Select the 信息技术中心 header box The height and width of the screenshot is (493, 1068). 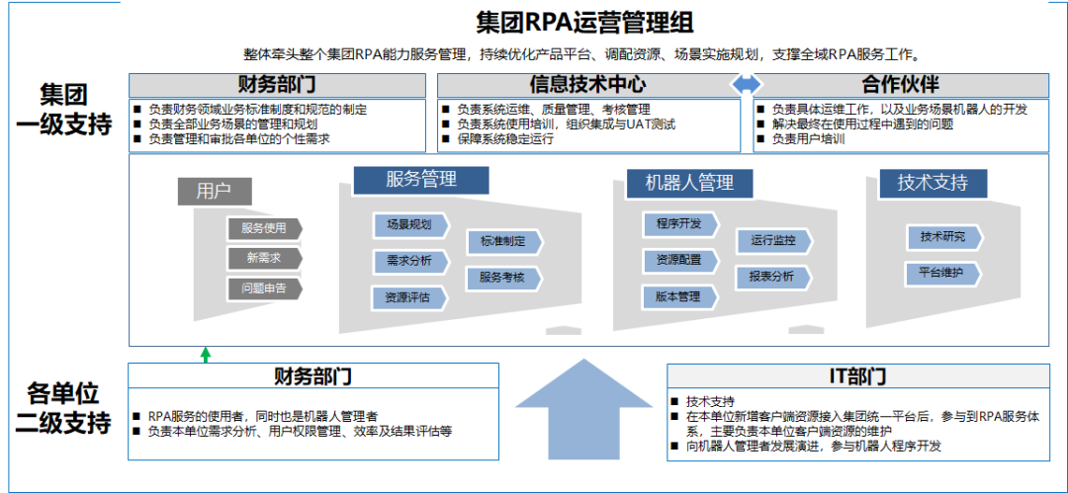click(x=588, y=85)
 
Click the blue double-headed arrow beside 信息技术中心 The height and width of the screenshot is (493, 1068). click(x=747, y=85)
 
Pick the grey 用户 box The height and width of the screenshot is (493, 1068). click(x=215, y=191)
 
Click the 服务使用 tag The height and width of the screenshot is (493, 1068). click(x=264, y=228)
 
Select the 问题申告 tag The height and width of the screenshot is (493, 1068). click(x=264, y=289)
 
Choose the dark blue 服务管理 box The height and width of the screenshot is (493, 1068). click(x=421, y=180)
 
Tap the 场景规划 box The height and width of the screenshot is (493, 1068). click(x=409, y=225)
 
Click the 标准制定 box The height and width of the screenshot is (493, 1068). click(x=503, y=241)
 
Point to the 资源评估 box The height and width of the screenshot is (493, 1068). click(x=408, y=297)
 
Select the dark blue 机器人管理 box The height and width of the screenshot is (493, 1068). click(x=689, y=183)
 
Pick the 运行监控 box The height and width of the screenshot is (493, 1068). click(x=773, y=240)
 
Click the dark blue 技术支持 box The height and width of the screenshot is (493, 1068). click(x=933, y=183)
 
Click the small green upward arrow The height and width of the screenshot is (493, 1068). click(x=206, y=354)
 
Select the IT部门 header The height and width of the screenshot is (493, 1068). click(x=857, y=376)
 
